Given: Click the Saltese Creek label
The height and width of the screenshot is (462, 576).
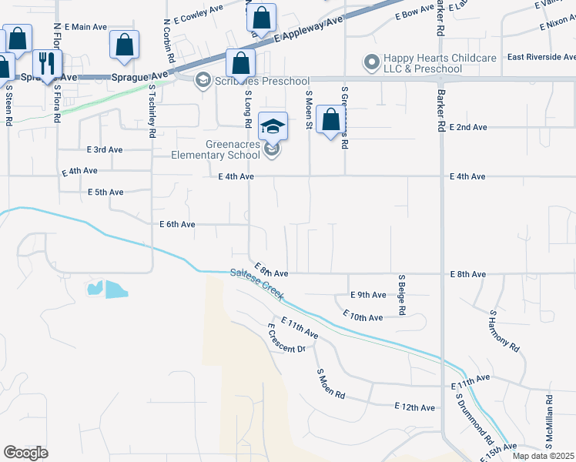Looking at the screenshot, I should point(256,283).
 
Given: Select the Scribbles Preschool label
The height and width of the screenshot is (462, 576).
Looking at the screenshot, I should point(262,82).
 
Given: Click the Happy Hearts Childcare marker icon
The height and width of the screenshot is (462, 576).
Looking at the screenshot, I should point(373,61).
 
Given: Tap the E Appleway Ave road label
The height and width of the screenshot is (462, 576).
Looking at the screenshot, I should point(307,32).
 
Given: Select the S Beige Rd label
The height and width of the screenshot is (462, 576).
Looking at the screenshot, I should point(401,294).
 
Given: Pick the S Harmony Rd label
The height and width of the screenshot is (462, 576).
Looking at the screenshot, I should point(504,331).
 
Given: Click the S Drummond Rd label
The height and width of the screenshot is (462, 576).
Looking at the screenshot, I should point(474,418).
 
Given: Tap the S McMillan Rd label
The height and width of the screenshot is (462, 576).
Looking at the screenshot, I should point(549,418).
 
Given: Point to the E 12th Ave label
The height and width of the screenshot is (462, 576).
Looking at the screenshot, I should point(414,407).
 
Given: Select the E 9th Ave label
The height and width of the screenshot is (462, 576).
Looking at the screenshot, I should point(368,295).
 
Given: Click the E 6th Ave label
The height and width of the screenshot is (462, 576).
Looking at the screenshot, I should point(177,225).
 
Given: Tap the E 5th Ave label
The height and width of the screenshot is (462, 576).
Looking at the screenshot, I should point(105,192).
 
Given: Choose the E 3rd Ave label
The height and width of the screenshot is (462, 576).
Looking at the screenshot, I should point(105,149).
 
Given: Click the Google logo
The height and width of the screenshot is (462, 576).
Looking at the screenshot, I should point(25,453).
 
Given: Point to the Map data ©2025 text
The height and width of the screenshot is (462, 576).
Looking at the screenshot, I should point(543,456).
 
